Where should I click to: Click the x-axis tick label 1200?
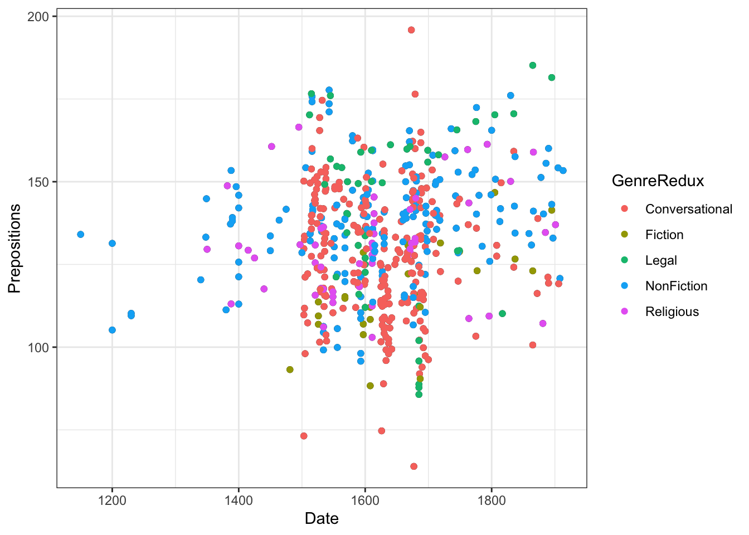[x=112, y=500]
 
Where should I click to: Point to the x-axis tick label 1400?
[x=239, y=500]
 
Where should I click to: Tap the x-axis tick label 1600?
[x=365, y=500]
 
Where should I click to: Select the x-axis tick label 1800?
[x=492, y=500]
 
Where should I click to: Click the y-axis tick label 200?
[x=38, y=17]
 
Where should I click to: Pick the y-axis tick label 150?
[x=38, y=182]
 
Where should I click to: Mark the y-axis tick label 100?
[x=38, y=347]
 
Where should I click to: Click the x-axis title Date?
[x=322, y=519]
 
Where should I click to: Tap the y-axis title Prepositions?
[x=14, y=248]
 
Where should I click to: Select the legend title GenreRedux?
[x=658, y=181]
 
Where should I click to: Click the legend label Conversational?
[x=688, y=209]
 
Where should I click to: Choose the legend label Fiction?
[x=664, y=235]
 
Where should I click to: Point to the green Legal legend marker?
[x=624, y=260]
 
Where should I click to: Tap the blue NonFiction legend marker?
[x=624, y=286]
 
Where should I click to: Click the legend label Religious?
[x=672, y=312]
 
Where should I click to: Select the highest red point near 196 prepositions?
[x=411, y=30]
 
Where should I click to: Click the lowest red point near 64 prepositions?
[x=414, y=466]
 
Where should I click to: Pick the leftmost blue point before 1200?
[x=81, y=235]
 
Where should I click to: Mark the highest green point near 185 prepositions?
[x=533, y=65]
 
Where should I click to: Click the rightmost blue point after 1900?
[x=563, y=171]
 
